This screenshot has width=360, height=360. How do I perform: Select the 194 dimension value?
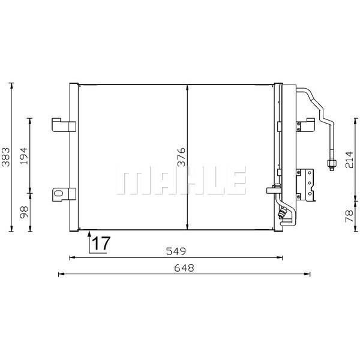pyautogui.click(x=24, y=155)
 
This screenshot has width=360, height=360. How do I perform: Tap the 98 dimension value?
pyautogui.click(x=24, y=212)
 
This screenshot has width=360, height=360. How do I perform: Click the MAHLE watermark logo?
pyautogui.click(x=181, y=181)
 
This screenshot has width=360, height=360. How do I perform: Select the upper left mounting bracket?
pyautogui.click(x=63, y=124)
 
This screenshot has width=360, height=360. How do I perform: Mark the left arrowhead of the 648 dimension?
pyautogui.click(x=60, y=275)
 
